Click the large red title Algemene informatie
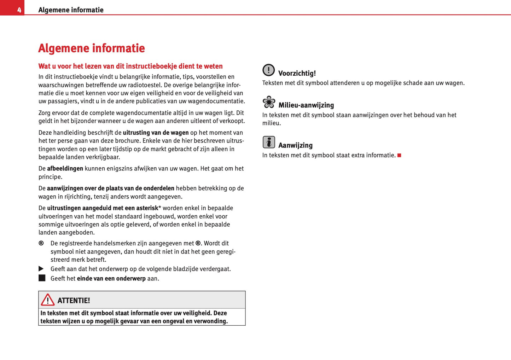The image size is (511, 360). tap(92, 48)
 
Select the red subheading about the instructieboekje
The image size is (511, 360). tap(130, 66)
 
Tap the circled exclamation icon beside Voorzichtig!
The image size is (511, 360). tap(269, 70)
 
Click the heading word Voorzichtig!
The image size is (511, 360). tap(297, 73)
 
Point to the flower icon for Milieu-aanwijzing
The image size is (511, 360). tap(269, 102)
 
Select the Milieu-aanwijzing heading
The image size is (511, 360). tap(306, 105)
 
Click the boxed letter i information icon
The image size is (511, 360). tap(269, 142)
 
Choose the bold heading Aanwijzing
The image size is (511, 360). tap(296, 145)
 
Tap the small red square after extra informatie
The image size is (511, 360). tap(399, 155)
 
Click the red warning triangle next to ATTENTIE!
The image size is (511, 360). tap(48, 300)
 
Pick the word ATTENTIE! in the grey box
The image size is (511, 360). tap(74, 301)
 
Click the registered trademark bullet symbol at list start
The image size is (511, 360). tap(41, 243)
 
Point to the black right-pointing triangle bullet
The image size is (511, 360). tap(41, 269)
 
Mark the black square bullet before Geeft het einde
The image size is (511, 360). tap(42, 278)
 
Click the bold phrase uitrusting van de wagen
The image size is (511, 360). tap(156, 133)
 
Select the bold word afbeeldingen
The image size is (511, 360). tap(65, 168)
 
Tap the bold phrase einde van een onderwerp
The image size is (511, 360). tap(111, 279)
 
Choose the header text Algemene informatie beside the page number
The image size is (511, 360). tap(71, 10)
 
